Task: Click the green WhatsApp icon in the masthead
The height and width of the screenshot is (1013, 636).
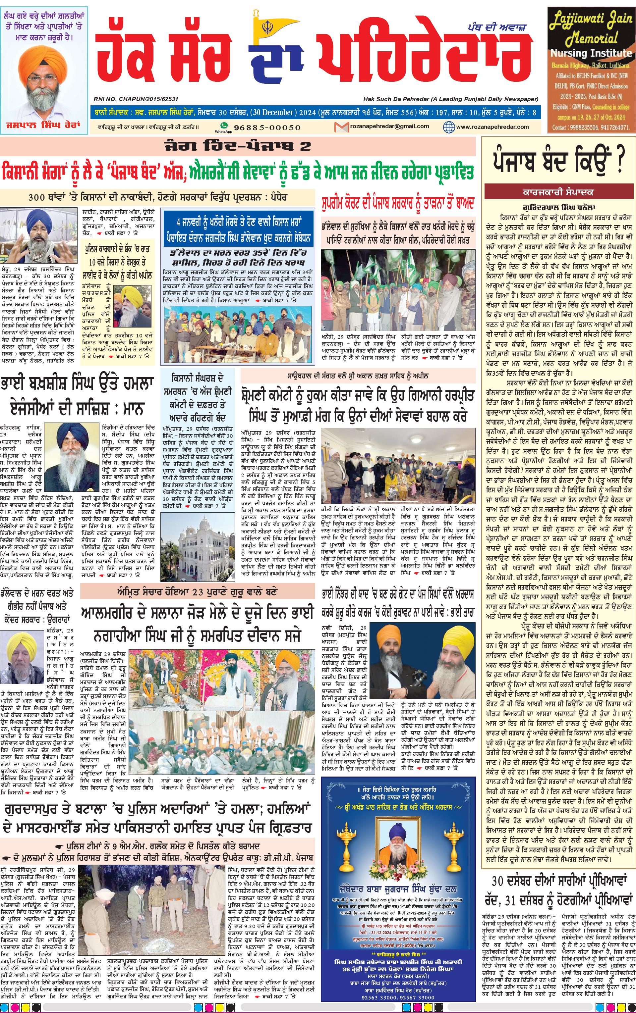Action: click(x=224, y=126)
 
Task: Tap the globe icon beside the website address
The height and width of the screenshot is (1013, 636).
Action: click(x=449, y=127)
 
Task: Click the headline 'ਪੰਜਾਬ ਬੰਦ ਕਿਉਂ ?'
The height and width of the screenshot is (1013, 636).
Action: click(x=558, y=162)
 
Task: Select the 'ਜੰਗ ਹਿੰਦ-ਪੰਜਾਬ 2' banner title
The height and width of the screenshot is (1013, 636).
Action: click(x=238, y=146)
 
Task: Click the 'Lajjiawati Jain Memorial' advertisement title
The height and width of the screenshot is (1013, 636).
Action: click(x=591, y=29)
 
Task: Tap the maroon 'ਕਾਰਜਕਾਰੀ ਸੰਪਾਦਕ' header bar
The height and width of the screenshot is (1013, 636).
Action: click(x=558, y=192)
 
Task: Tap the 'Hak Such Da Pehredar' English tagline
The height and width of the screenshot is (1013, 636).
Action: click(x=450, y=99)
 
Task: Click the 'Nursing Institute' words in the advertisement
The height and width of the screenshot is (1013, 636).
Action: click(x=591, y=53)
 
